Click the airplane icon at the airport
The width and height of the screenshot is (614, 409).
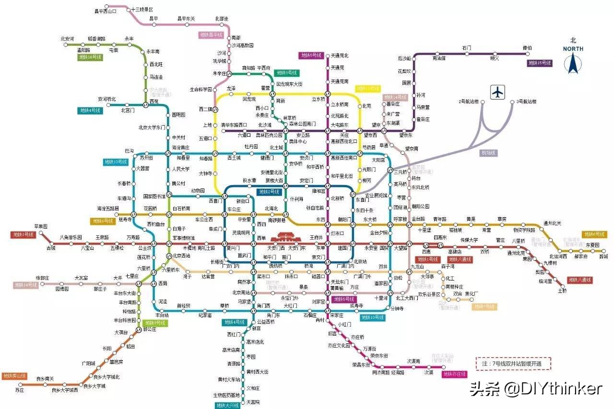498,92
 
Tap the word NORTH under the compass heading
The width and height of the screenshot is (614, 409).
573,49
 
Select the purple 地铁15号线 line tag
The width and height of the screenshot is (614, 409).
539,63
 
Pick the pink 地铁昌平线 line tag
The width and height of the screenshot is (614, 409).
211,35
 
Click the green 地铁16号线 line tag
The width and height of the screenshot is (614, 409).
90,57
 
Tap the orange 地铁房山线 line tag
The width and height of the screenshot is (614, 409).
14,375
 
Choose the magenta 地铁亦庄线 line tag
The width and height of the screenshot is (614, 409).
454,374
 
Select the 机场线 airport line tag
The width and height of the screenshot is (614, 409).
488,152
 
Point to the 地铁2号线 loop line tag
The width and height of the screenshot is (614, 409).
269,192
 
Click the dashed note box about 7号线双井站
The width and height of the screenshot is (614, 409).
513,363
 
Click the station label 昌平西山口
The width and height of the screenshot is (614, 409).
105,11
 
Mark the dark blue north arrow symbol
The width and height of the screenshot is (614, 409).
573,63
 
